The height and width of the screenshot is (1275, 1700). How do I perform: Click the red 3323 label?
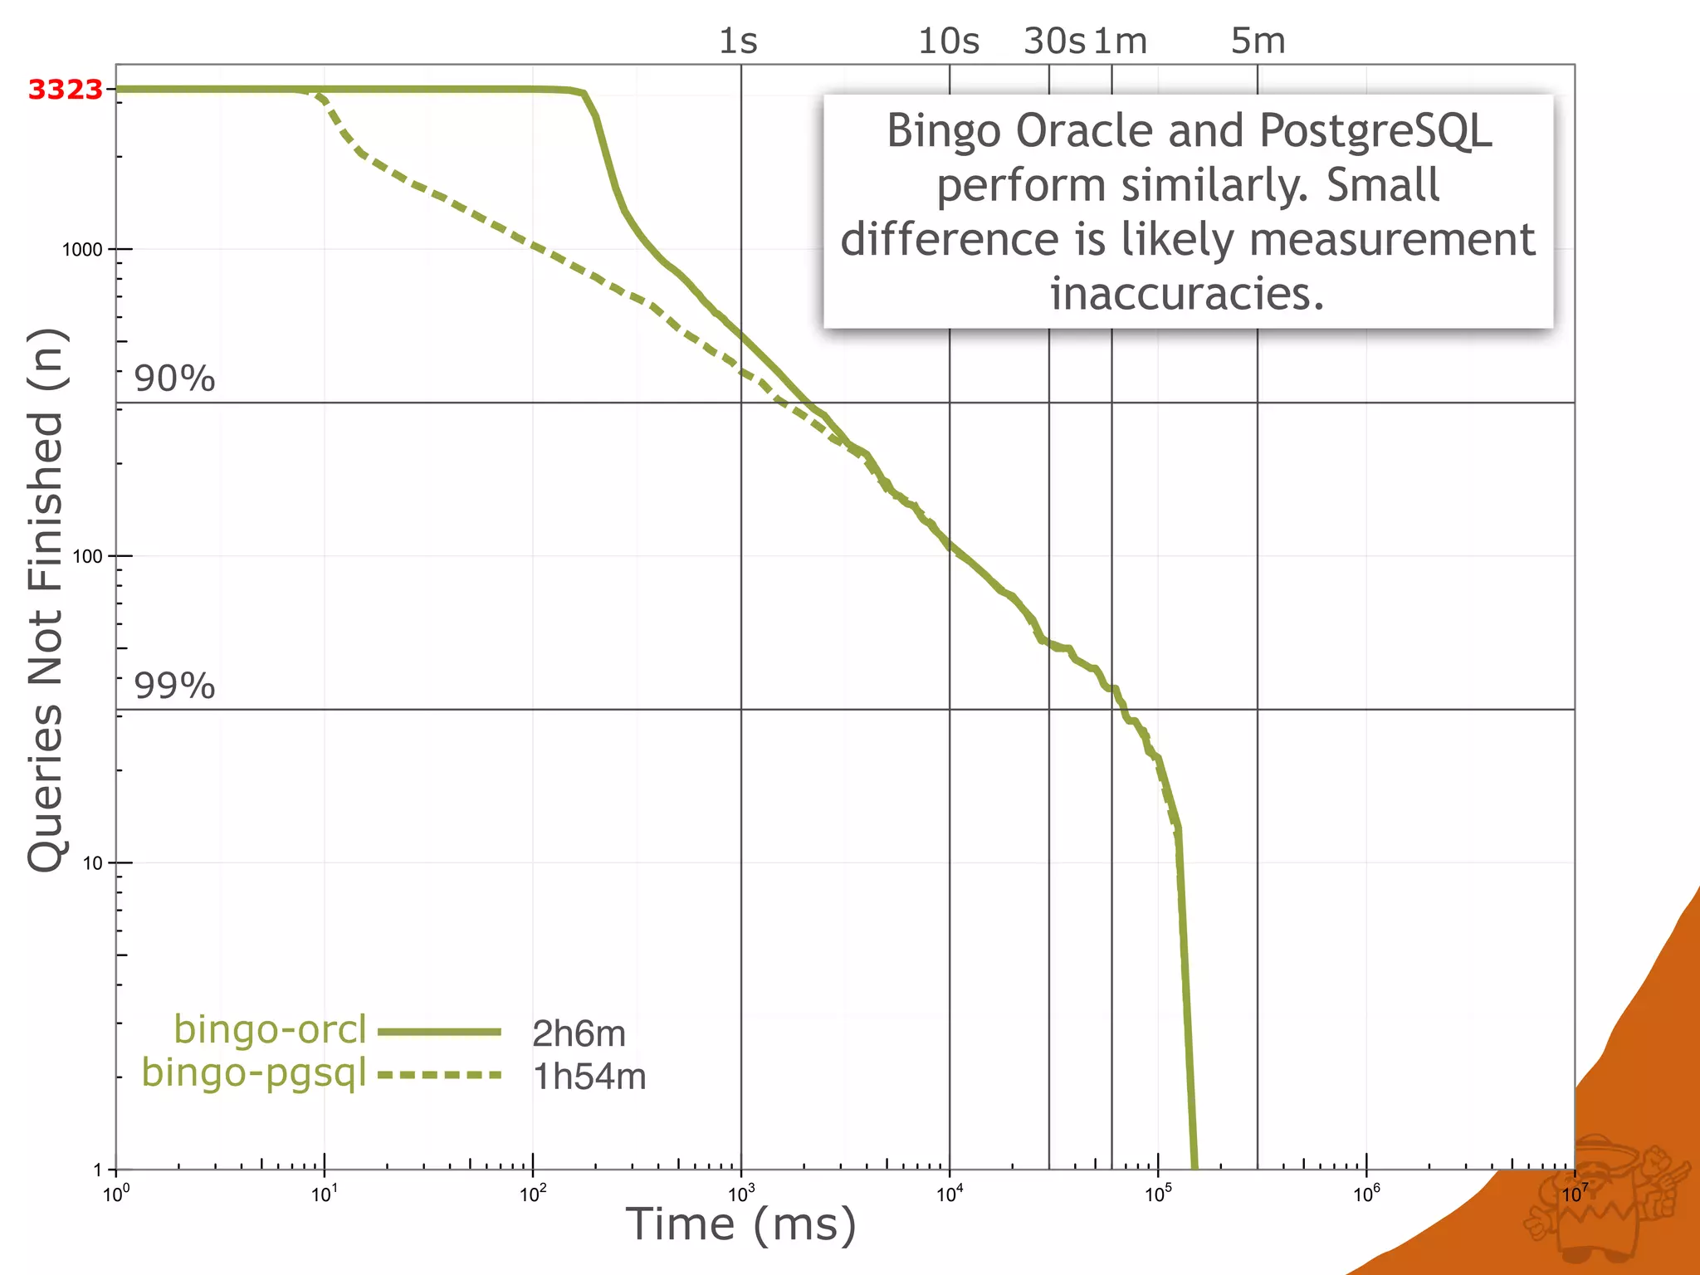pos(65,90)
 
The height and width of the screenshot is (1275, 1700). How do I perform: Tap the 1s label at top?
pos(738,42)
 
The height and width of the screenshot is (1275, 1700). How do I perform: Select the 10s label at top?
pos(949,42)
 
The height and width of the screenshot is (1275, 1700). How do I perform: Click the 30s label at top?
pos(1053,42)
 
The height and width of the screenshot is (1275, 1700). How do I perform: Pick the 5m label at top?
pos(1258,42)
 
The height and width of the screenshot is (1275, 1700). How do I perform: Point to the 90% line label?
pos(174,379)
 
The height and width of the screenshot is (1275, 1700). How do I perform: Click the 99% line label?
pos(174,686)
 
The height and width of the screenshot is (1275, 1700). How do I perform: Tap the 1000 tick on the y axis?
pos(82,250)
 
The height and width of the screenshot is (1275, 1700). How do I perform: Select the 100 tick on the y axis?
pos(87,557)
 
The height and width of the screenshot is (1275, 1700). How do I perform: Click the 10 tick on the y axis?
pos(92,863)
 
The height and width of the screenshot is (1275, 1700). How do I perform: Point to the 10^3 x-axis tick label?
pos(740,1194)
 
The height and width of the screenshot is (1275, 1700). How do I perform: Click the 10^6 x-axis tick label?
pos(1365,1194)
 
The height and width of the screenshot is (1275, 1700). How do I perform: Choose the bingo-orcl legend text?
pos(270,1030)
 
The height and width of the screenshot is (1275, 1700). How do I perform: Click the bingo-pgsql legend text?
pos(254,1072)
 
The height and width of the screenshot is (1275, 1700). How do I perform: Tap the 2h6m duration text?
pos(579,1034)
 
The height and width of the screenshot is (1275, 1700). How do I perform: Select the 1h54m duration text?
pos(589,1077)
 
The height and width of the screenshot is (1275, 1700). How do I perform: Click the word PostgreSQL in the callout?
pos(1375,132)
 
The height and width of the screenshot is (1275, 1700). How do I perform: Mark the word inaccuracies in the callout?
pos(1187,294)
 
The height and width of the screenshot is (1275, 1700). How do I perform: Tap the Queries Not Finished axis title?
pos(46,599)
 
